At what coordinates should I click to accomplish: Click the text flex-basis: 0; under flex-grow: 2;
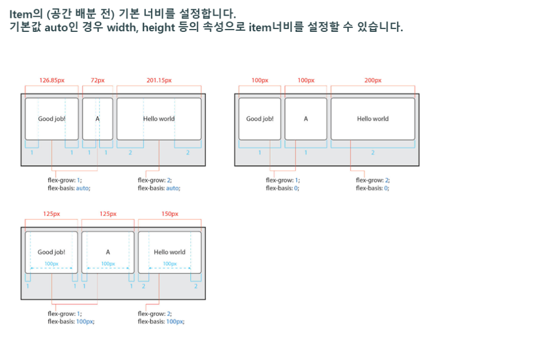(x=372, y=188)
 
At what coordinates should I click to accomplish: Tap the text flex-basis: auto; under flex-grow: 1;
(x=69, y=188)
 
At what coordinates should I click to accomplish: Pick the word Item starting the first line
(x=20, y=13)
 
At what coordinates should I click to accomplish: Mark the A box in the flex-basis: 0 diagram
(x=306, y=119)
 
